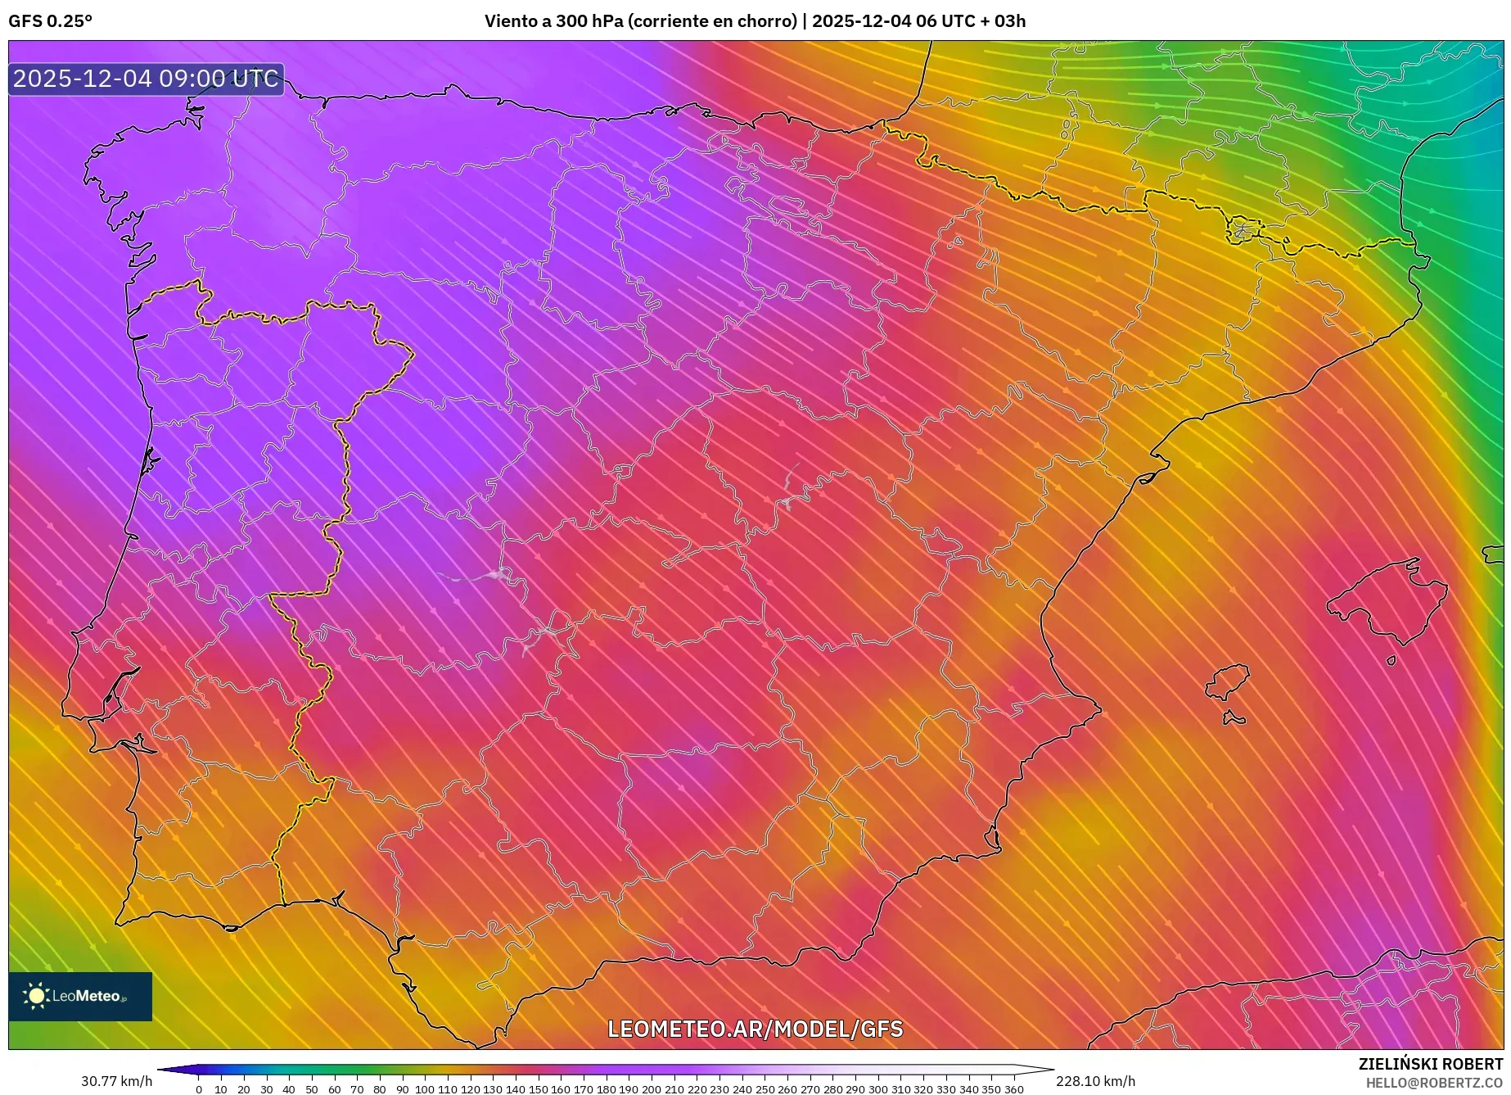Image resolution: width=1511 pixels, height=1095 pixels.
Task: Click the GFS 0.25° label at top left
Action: (50, 21)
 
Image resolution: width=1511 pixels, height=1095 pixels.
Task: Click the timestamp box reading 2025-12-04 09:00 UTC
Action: (146, 79)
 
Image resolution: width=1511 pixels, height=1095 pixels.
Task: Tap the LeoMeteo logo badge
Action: (80, 996)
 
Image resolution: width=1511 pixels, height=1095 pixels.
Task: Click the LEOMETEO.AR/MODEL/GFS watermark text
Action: (755, 1029)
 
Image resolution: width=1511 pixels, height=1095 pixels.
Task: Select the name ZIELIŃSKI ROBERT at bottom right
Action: (1431, 1064)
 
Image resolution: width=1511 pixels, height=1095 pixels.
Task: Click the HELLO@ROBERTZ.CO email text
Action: (1433, 1083)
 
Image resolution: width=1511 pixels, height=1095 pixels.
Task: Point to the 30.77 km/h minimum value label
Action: (116, 1081)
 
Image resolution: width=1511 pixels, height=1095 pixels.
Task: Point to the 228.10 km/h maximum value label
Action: (1095, 1081)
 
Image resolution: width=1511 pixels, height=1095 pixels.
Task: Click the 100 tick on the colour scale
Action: (424, 1088)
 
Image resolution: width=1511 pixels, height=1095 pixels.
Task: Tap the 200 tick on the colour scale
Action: (651, 1088)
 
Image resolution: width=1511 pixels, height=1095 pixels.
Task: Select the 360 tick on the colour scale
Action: (1013, 1088)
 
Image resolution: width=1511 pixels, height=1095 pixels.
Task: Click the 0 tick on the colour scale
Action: (199, 1088)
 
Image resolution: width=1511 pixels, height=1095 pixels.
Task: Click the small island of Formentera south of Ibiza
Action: (1234, 718)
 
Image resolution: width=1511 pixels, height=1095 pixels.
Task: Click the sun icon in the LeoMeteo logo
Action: (36, 996)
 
